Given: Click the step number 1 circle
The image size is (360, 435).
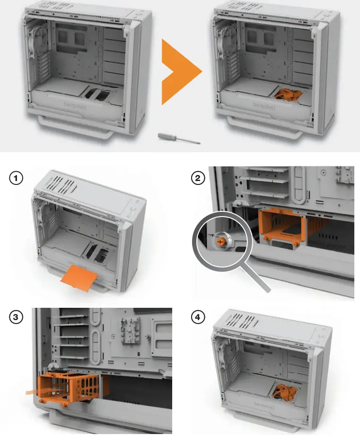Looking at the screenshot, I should (17, 179).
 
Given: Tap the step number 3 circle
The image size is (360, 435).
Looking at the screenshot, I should (17, 317).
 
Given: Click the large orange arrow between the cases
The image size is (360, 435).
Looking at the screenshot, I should (180, 71).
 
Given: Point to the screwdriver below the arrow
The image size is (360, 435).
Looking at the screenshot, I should (179, 138).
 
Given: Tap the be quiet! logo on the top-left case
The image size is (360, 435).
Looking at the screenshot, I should (73, 104).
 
